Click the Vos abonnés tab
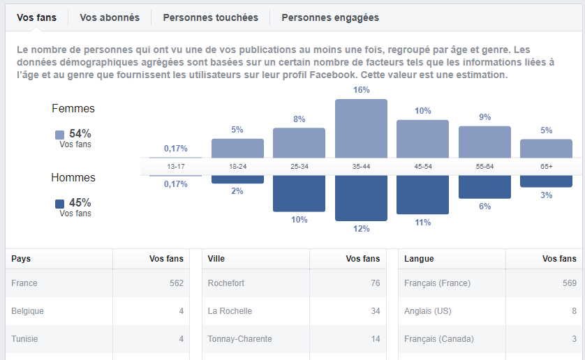point(110,17)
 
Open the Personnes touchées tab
point(210,17)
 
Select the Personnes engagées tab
point(330,17)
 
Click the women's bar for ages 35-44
point(361,128)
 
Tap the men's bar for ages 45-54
point(422,195)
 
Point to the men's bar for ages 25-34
point(299,193)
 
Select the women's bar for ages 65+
point(546,148)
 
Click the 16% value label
point(361,90)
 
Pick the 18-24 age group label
point(237,167)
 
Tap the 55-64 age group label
point(484,167)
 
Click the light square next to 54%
point(59,135)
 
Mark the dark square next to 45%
point(59,204)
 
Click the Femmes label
point(73,109)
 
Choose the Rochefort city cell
point(226,283)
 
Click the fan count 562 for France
point(176,283)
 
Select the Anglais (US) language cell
point(428,311)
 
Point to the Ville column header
point(216,259)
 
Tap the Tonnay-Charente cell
point(239,339)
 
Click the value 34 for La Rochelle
point(375,311)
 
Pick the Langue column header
point(419,259)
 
